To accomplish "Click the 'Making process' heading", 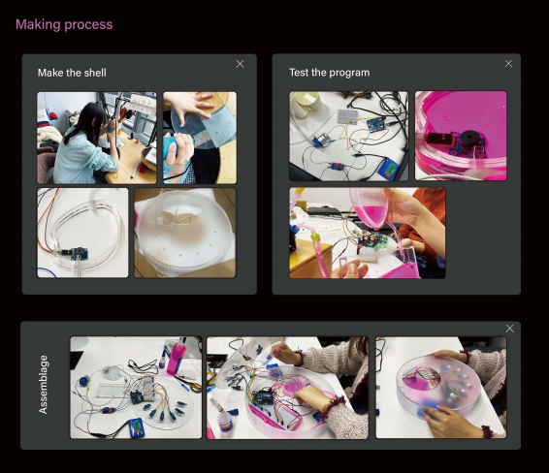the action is [x=64, y=24].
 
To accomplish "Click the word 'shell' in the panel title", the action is [x=94, y=73].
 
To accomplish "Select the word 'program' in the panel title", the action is [x=349, y=73].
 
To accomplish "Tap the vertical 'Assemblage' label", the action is [x=43, y=385].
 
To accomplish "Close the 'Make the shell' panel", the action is [x=240, y=64].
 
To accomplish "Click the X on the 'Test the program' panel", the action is [x=508, y=64].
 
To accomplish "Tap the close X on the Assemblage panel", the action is [x=510, y=329].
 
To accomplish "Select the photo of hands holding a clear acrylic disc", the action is [x=200, y=138].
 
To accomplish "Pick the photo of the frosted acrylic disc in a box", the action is [x=185, y=233].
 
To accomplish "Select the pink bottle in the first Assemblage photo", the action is [x=175, y=358].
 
